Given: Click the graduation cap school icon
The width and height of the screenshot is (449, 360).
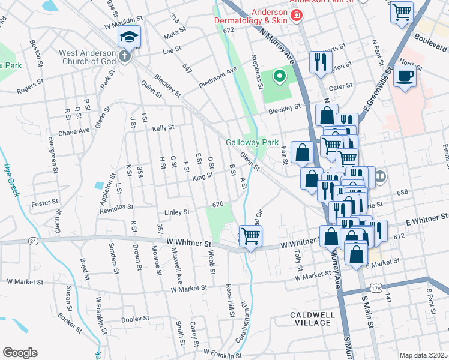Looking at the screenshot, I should tap(129, 37).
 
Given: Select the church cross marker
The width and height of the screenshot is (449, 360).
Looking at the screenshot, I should tap(124, 57).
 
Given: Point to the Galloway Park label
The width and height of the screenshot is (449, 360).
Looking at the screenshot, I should tap(252, 143).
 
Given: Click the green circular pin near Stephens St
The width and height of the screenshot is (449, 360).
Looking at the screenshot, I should tap(279, 76).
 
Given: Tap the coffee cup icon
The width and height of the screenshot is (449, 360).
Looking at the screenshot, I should tap(405, 77).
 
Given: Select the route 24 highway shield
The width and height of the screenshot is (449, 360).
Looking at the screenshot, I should tap(33, 241).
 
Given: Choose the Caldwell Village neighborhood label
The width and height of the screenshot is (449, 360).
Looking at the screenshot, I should tap(310, 319).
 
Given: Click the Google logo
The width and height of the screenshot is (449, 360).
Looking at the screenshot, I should tap(20, 353).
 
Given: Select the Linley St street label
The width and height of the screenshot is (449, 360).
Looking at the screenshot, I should tap(177, 212).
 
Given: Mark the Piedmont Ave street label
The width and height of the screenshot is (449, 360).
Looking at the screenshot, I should tap(218, 76).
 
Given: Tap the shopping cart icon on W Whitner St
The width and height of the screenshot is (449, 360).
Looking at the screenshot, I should tap(250, 235).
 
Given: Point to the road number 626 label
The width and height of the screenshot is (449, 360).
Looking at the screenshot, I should tap(218, 205).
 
